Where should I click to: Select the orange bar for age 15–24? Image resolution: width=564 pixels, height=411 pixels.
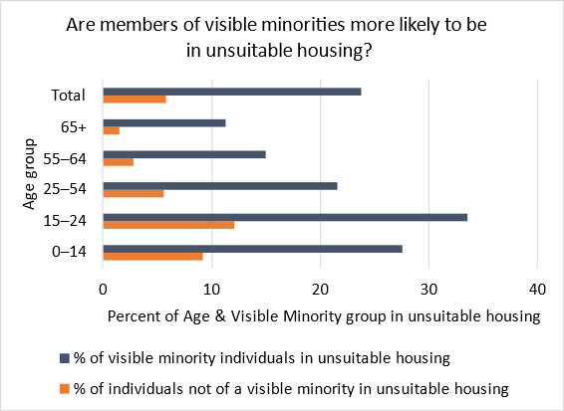(x=168, y=225)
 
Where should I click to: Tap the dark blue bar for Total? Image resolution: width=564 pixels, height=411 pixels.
(x=232, y=92)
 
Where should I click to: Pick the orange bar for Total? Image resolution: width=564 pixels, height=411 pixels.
(x=135, y=100)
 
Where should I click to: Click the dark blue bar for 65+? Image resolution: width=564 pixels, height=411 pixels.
(x=164, y=122)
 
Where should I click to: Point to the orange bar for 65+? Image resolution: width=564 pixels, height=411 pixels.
(x=112, y=130)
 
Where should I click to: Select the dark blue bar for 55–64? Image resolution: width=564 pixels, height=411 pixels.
(x=184, y=154)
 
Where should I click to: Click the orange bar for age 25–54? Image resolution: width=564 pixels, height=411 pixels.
(x=134, y=194)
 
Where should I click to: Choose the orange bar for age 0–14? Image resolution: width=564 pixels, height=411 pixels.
(x=153, y=256)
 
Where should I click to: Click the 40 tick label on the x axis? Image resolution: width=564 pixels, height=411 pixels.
(x=537, y=289)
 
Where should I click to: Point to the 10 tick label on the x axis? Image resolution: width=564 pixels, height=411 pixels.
(x=211, y=289)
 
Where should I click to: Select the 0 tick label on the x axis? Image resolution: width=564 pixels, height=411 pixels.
(x=104, y=289)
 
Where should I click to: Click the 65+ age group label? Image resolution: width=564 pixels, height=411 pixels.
(x=72, y=126)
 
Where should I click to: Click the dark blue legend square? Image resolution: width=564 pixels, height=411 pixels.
(x=65, y=356)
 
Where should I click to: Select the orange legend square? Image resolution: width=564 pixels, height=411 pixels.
(x=65, y=386)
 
